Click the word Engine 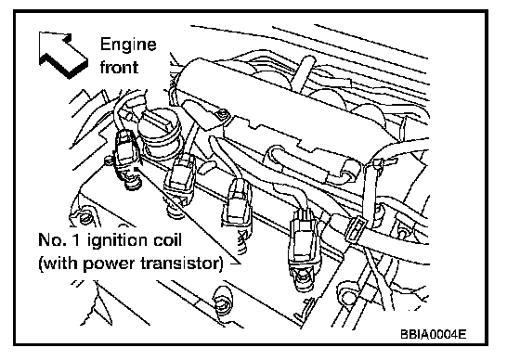click(128, 45)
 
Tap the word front click(119, 67)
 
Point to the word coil click(166, 239)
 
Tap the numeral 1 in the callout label click(75, 239)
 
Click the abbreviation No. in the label click(52, 239)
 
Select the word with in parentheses click(60, 264)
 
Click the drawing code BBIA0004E click(433, 334)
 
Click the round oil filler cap click(159, 133)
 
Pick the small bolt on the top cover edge click(223, 114)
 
